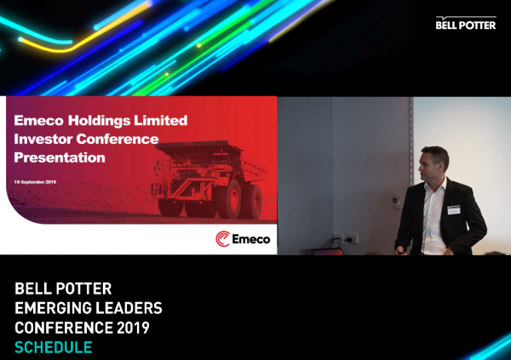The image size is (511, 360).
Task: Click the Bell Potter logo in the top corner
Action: click(465, 23)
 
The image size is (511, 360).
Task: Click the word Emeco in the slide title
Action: click(39, 121)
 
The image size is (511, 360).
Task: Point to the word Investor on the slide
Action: click(43, 139)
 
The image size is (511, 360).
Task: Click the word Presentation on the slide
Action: click(60, 157)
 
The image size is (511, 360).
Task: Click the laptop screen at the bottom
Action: click(329, 252)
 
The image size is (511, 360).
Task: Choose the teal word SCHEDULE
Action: click(53, 347)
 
